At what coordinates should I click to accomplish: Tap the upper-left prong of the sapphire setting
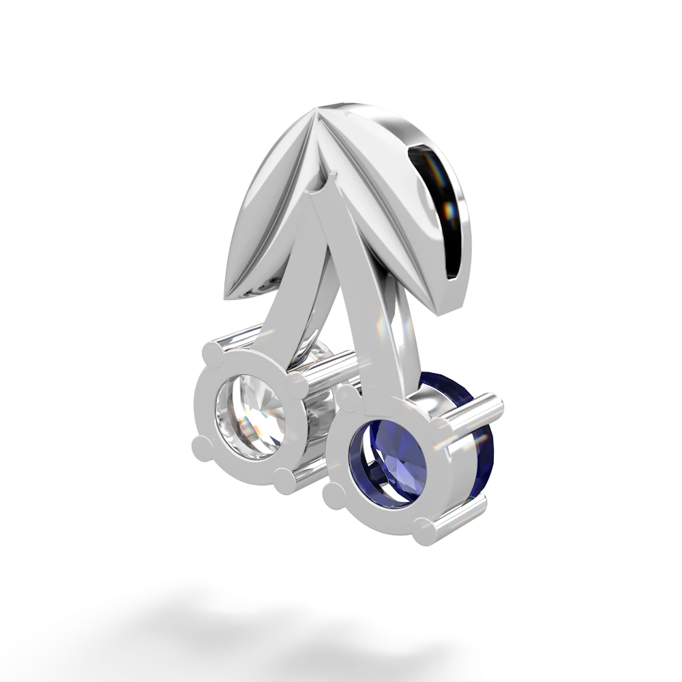[x=344, y=397]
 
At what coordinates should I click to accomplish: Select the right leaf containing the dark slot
[x=409, y=191]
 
